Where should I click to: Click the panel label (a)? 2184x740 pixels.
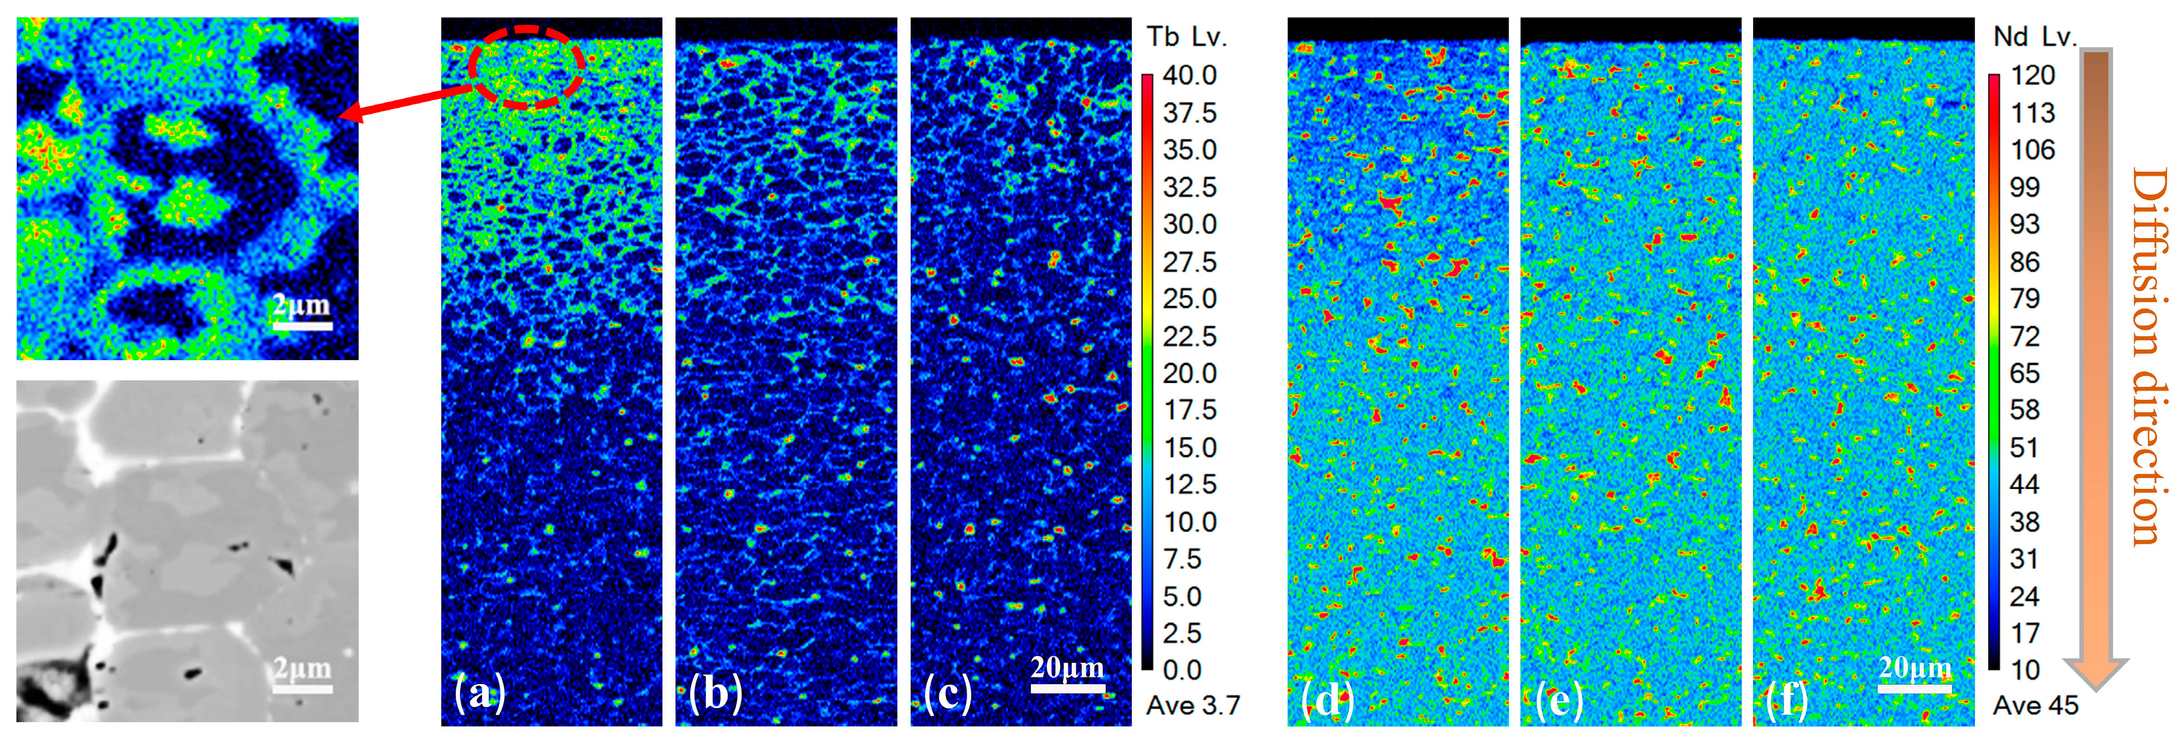pos(480,694)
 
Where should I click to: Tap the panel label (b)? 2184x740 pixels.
pos(715,694)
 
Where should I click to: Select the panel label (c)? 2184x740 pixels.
pos(948,694)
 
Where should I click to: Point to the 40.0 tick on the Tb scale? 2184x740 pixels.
pos(1189,76)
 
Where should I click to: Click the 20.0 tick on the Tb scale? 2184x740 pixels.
pos(1189,373)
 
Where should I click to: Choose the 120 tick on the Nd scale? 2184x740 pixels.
pos(2032,76)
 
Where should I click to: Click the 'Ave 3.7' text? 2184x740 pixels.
pos(1192,705)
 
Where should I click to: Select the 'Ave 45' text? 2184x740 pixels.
pos(2035,705)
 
